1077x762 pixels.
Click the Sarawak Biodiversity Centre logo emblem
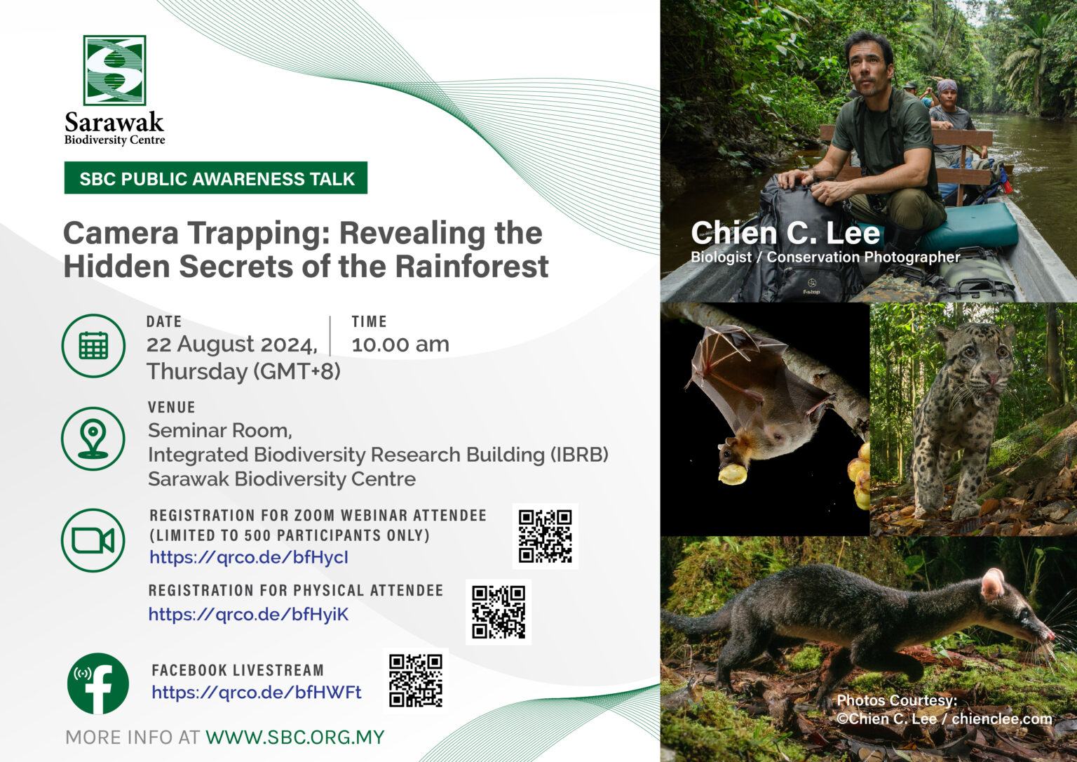click(x=114, y=70)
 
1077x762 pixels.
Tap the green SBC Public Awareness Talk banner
click(x=216, y=178)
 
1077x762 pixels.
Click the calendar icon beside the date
click(x=93, y=345)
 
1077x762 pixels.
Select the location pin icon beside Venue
click(x=93, y=439)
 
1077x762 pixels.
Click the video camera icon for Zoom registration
click(x=93, y=540)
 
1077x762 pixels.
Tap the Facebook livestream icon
click(x=98, y=683)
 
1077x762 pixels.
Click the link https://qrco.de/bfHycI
click(x=249, y=557)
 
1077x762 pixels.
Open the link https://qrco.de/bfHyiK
click(x=249, y=615)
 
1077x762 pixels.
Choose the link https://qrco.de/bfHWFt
click(x=257, y=693)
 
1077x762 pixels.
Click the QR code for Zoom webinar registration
click(x=546, y=536)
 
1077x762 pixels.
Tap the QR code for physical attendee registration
click(x=499, y=612)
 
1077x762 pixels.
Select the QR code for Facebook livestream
click(x=416, y=681)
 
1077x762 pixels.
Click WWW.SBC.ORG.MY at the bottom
click(x=295, y=737)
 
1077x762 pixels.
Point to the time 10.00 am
click(x=400, y=345)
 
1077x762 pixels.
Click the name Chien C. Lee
click(x=785, y=234)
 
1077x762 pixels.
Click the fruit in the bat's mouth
click(x=733, y=473)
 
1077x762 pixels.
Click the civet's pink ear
click(x=992, y=584)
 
